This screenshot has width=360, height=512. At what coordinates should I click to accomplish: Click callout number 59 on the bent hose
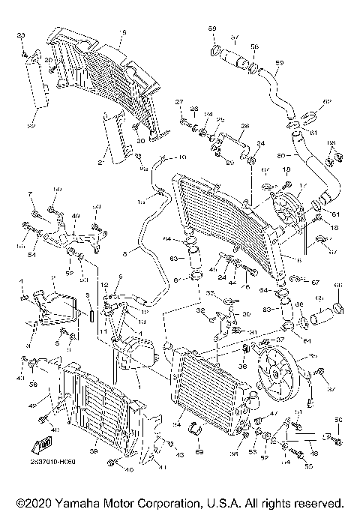pyautogui.click(x=280, y=62)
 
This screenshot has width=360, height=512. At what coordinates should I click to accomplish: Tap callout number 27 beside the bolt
pyautogui.click(x=180, y=101)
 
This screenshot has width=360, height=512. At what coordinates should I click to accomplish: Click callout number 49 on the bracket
pyautogui.click(x=76, y=216)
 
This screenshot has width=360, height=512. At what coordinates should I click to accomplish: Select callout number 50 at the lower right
pyautogui.click(x=338, y=419)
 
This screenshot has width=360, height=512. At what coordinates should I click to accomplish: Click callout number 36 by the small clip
pyautogui.click(x=242, y=367)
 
